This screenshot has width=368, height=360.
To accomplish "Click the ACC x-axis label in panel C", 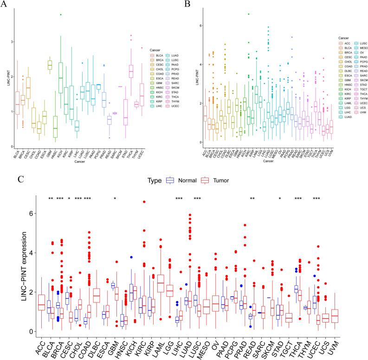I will click(39, 346).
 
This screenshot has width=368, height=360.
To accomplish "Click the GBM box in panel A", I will click(49, 65).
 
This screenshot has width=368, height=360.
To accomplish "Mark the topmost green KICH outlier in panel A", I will click(61, 14).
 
